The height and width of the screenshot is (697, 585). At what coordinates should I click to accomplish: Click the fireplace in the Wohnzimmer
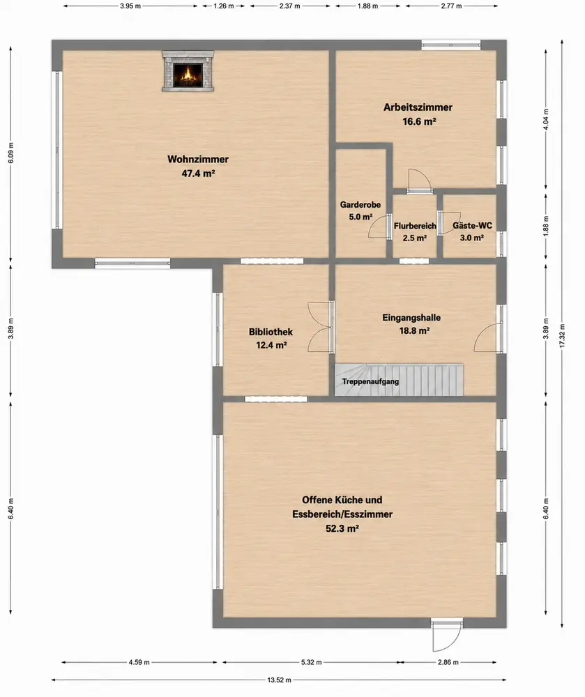click(188, 71)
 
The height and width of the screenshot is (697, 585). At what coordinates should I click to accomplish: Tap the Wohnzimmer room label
click(198, 166)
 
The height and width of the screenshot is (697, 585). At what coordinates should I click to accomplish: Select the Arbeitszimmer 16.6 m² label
click(418, 114)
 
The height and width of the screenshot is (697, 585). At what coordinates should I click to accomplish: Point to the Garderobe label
click(360, 210)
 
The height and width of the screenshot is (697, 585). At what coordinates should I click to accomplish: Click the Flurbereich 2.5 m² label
click(415, 231)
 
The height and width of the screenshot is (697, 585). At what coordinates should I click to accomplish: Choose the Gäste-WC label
click(472, 231)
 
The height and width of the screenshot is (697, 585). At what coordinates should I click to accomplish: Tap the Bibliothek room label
click(271, 338)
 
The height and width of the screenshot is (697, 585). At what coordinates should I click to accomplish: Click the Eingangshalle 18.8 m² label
click(411, 323)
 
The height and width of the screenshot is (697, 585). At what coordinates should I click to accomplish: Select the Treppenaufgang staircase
click(399, 380)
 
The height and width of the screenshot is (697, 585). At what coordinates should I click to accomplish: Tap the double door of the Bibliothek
click(321, 327)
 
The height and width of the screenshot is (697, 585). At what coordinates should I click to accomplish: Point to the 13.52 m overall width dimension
click(279, 680)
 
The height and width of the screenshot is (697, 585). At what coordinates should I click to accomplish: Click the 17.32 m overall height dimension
click(562, 333)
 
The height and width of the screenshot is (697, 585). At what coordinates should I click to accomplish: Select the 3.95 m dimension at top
click(130, 6)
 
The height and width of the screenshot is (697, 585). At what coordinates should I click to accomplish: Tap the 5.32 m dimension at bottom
click(311, 662)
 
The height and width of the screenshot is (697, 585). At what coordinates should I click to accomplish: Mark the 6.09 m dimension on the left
click(10, 153)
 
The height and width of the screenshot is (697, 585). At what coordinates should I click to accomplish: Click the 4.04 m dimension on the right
click(547, 119)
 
